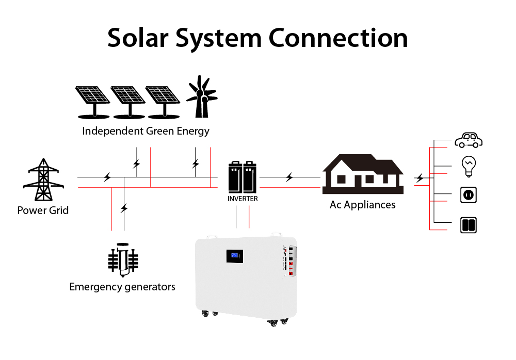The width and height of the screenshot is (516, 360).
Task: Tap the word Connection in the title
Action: (x=338, y=39)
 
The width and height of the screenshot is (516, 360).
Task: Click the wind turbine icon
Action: (x=201, y=96)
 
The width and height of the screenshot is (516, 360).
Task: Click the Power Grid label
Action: (x=43, y=210)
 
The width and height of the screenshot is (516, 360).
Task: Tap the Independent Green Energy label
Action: (x=146, y=130)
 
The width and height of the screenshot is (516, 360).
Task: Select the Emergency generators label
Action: (x=122, y=286)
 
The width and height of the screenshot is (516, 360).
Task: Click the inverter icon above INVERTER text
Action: (x=243, y=177)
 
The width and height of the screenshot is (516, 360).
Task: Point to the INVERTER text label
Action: (x=243, y=199)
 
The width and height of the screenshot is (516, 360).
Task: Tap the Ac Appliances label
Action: (x=362, y=205)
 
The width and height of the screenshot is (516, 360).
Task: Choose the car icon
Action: (x=469, y=140)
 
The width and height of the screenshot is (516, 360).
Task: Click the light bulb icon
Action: (x=469, y=165)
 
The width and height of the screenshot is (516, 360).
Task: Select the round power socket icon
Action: (x=469, y=195)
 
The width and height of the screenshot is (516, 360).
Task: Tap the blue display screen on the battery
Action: (x=236, y=256)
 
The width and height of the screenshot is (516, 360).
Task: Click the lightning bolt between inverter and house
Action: (x=289, y=178)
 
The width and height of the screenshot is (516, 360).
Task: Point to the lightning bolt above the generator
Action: (x=124, y=209)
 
